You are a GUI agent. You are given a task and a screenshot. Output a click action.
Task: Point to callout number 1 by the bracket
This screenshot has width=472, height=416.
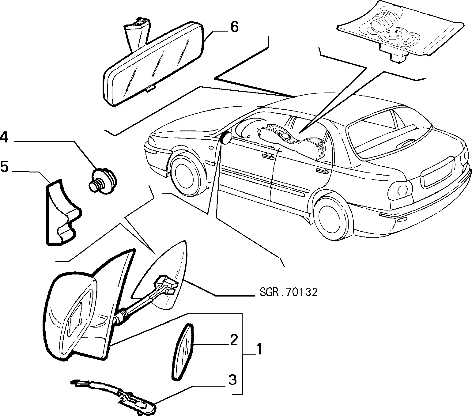pos(259,349)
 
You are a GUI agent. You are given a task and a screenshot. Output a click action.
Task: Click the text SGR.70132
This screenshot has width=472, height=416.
pos(289,292)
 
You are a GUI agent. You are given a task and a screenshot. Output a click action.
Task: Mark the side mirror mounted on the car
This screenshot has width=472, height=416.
pos(225,138)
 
